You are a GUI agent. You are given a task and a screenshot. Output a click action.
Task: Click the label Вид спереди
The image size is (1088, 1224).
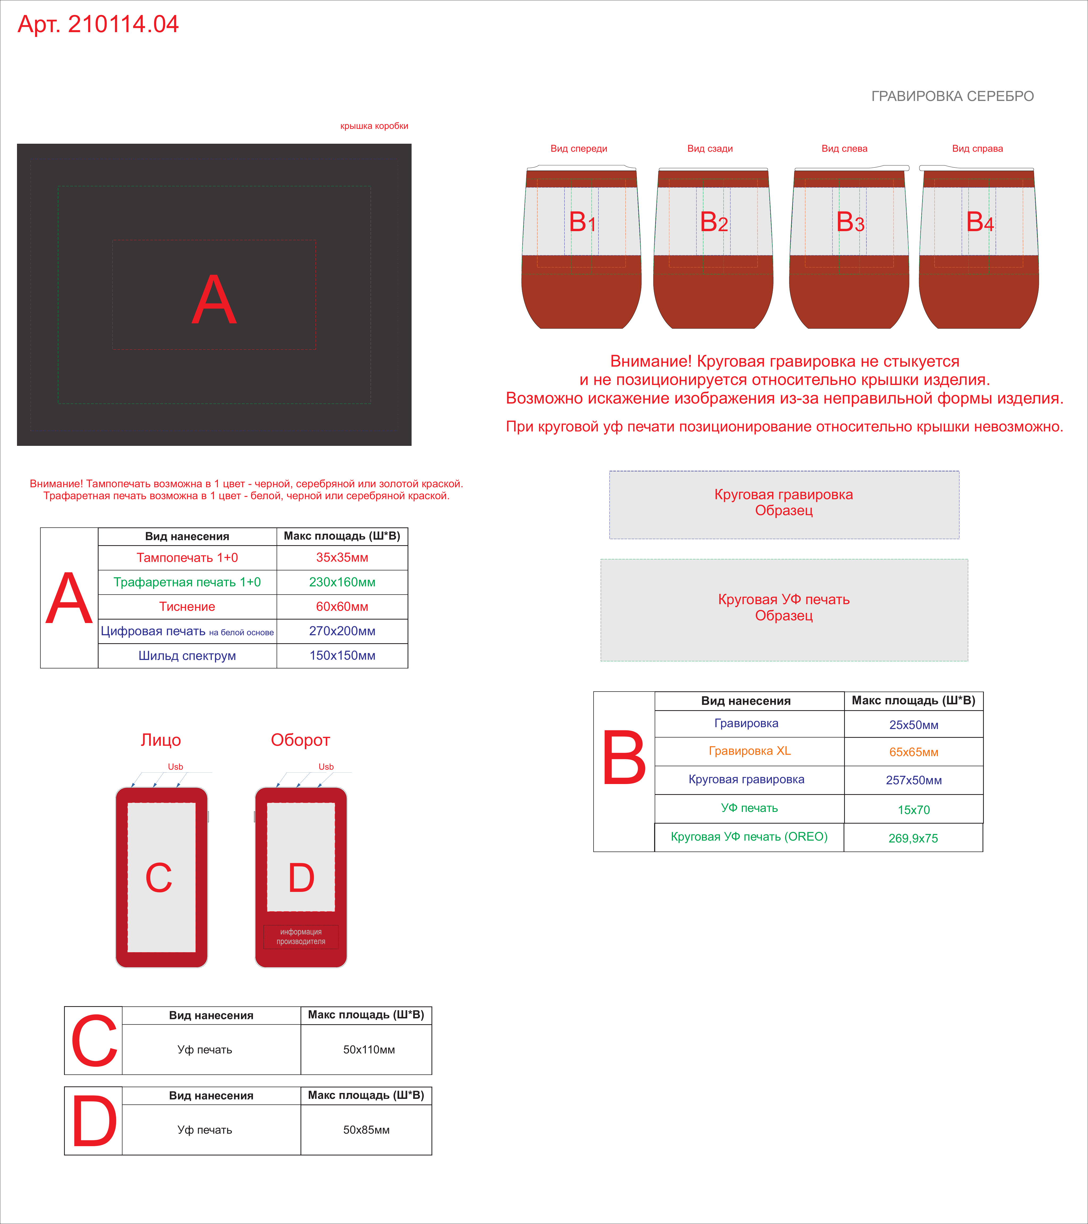click(x=578, y=149)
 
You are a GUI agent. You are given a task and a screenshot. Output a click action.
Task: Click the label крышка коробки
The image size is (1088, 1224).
click(x=374, y=126)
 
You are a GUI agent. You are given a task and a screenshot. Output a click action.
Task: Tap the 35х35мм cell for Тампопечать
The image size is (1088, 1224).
click(x=342, y=557)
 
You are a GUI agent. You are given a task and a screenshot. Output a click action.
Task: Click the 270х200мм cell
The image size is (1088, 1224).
click(x=342, y=631)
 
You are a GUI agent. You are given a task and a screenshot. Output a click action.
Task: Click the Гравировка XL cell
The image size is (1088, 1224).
click(x=750, y=751)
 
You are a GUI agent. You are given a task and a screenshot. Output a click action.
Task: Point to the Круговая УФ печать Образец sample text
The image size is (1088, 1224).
click(x=784, y=607)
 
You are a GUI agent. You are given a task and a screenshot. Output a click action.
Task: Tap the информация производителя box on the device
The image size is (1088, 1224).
click(x=300, y=937)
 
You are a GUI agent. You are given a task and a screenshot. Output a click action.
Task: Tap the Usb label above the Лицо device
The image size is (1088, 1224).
click(x=175, y=766)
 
